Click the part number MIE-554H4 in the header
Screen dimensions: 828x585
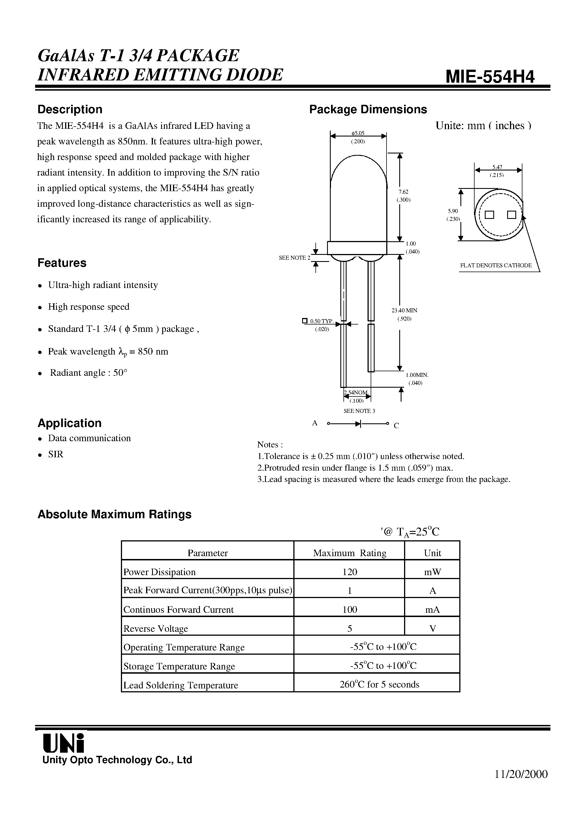coord(490,76)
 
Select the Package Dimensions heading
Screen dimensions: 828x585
coord(368,109)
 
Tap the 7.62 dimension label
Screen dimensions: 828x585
coord(403,192)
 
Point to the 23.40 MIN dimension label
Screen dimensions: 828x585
coord(404,310)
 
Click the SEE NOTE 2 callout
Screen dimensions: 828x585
coord(294,258)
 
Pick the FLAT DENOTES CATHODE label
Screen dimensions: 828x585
coord(496,265)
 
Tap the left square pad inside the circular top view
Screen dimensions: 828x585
coord(489,215)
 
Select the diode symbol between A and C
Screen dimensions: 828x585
coord(358,424)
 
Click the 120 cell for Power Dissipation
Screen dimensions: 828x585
coord(349,572)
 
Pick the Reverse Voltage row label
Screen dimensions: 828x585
coord(156,629)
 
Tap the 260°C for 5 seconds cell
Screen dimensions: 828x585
coord(379,684)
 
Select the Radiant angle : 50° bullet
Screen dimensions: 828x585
coord(88,373)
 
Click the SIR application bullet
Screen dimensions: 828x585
coord(55,454)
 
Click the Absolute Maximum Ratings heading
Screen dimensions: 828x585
coord(114,514)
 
